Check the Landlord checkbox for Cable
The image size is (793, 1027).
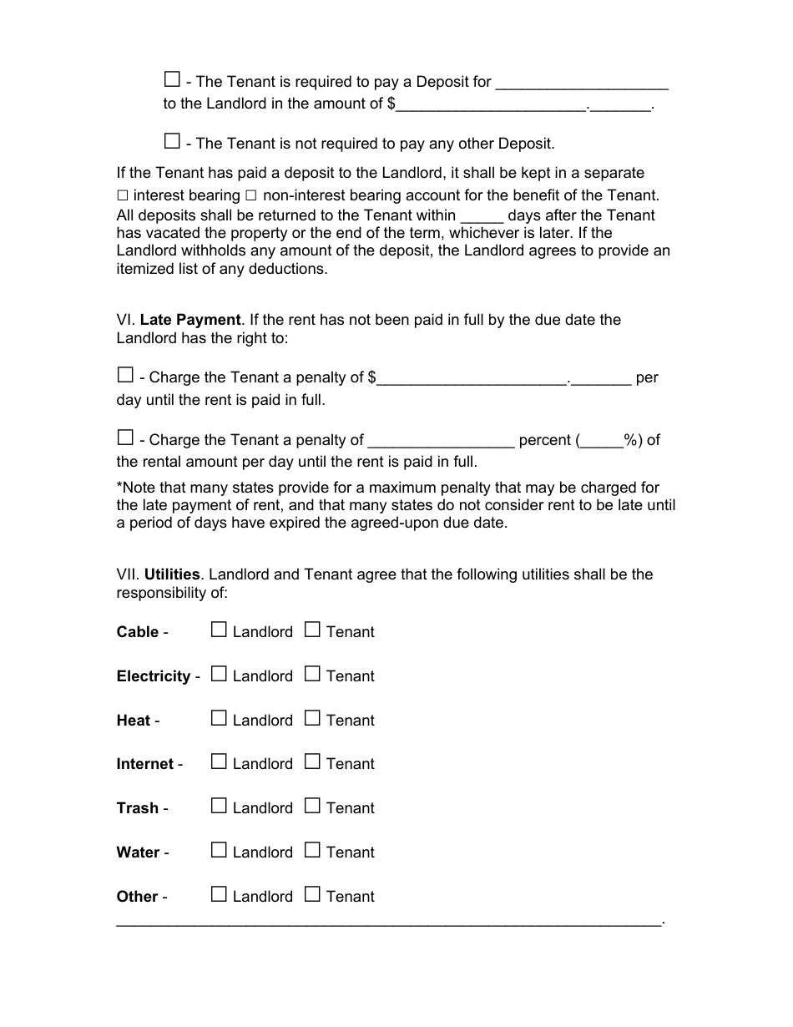[219, 630]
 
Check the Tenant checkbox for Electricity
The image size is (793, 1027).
[312, 675]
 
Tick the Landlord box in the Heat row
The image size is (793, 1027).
[219, 719]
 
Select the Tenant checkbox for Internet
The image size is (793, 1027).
[312, 762]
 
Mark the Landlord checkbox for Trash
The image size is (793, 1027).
[219, 807]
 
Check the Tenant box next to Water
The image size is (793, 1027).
[312, 851]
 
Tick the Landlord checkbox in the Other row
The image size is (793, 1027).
[219, 895]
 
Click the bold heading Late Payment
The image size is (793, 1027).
[190, 320]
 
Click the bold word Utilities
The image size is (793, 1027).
[172, 574]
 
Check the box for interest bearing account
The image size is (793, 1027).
[123, 196]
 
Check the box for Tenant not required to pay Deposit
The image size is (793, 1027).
[172, 141]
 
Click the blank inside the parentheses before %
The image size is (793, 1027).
[602, 441]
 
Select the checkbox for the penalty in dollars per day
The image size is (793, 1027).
[125, 376]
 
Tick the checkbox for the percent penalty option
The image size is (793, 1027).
[125, 438]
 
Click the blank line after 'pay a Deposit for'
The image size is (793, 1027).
[582, 83]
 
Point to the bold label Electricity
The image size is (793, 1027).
[154, 676]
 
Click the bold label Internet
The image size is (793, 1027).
[145, 764]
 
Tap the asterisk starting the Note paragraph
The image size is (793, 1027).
[119, 486]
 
